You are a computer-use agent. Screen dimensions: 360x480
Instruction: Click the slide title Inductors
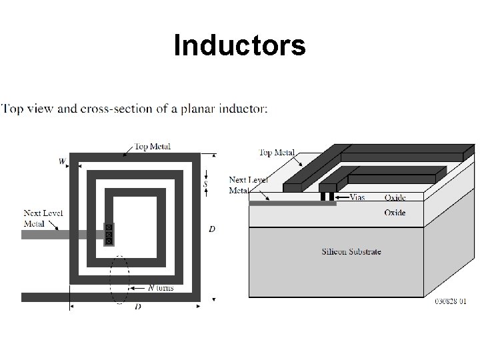tap(239, 45)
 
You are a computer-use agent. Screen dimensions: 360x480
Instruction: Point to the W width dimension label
tap(61, 161)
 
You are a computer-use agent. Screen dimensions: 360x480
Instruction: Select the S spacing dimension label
tap(206, 183)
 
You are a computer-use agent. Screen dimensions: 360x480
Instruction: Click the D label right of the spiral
tap(212, 229)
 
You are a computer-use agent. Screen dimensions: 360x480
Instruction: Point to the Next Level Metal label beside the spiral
tap(43, 218)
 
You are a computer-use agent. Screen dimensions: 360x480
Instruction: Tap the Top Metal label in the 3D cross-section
tap(277, 153)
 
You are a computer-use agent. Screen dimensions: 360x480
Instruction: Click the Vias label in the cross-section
tap(357, 197)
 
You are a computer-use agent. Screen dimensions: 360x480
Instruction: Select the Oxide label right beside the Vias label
tap(394, 197)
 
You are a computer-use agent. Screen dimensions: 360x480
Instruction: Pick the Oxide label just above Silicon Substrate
tap(394, 213)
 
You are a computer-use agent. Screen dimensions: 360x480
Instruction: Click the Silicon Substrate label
tap(351, 251)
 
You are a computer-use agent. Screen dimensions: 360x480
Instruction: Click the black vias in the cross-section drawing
tap(327, 197)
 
